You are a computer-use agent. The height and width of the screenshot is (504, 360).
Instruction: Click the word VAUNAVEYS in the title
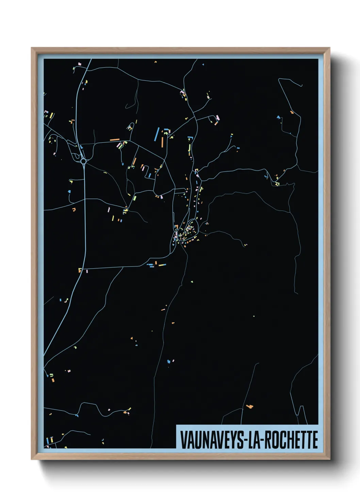(211, 440)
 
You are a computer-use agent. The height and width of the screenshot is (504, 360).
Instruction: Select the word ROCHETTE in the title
(291, 440)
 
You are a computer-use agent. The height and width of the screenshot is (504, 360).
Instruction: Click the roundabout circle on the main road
(83, 161)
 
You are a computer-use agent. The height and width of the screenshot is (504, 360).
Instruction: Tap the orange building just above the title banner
(250, 406)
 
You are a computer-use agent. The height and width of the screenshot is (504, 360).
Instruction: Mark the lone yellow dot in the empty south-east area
(254, 316)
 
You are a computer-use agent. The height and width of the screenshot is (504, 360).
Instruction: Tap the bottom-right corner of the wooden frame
(329, 458)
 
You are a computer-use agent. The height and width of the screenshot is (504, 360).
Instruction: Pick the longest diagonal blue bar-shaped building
(157, 134)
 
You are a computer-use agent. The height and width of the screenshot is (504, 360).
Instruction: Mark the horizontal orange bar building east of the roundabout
(115, 140)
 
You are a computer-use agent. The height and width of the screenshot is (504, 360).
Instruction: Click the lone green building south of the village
(192, 282)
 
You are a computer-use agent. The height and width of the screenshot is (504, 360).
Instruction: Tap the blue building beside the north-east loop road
(279, 117)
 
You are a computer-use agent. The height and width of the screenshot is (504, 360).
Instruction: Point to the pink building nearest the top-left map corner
(79, 64)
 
